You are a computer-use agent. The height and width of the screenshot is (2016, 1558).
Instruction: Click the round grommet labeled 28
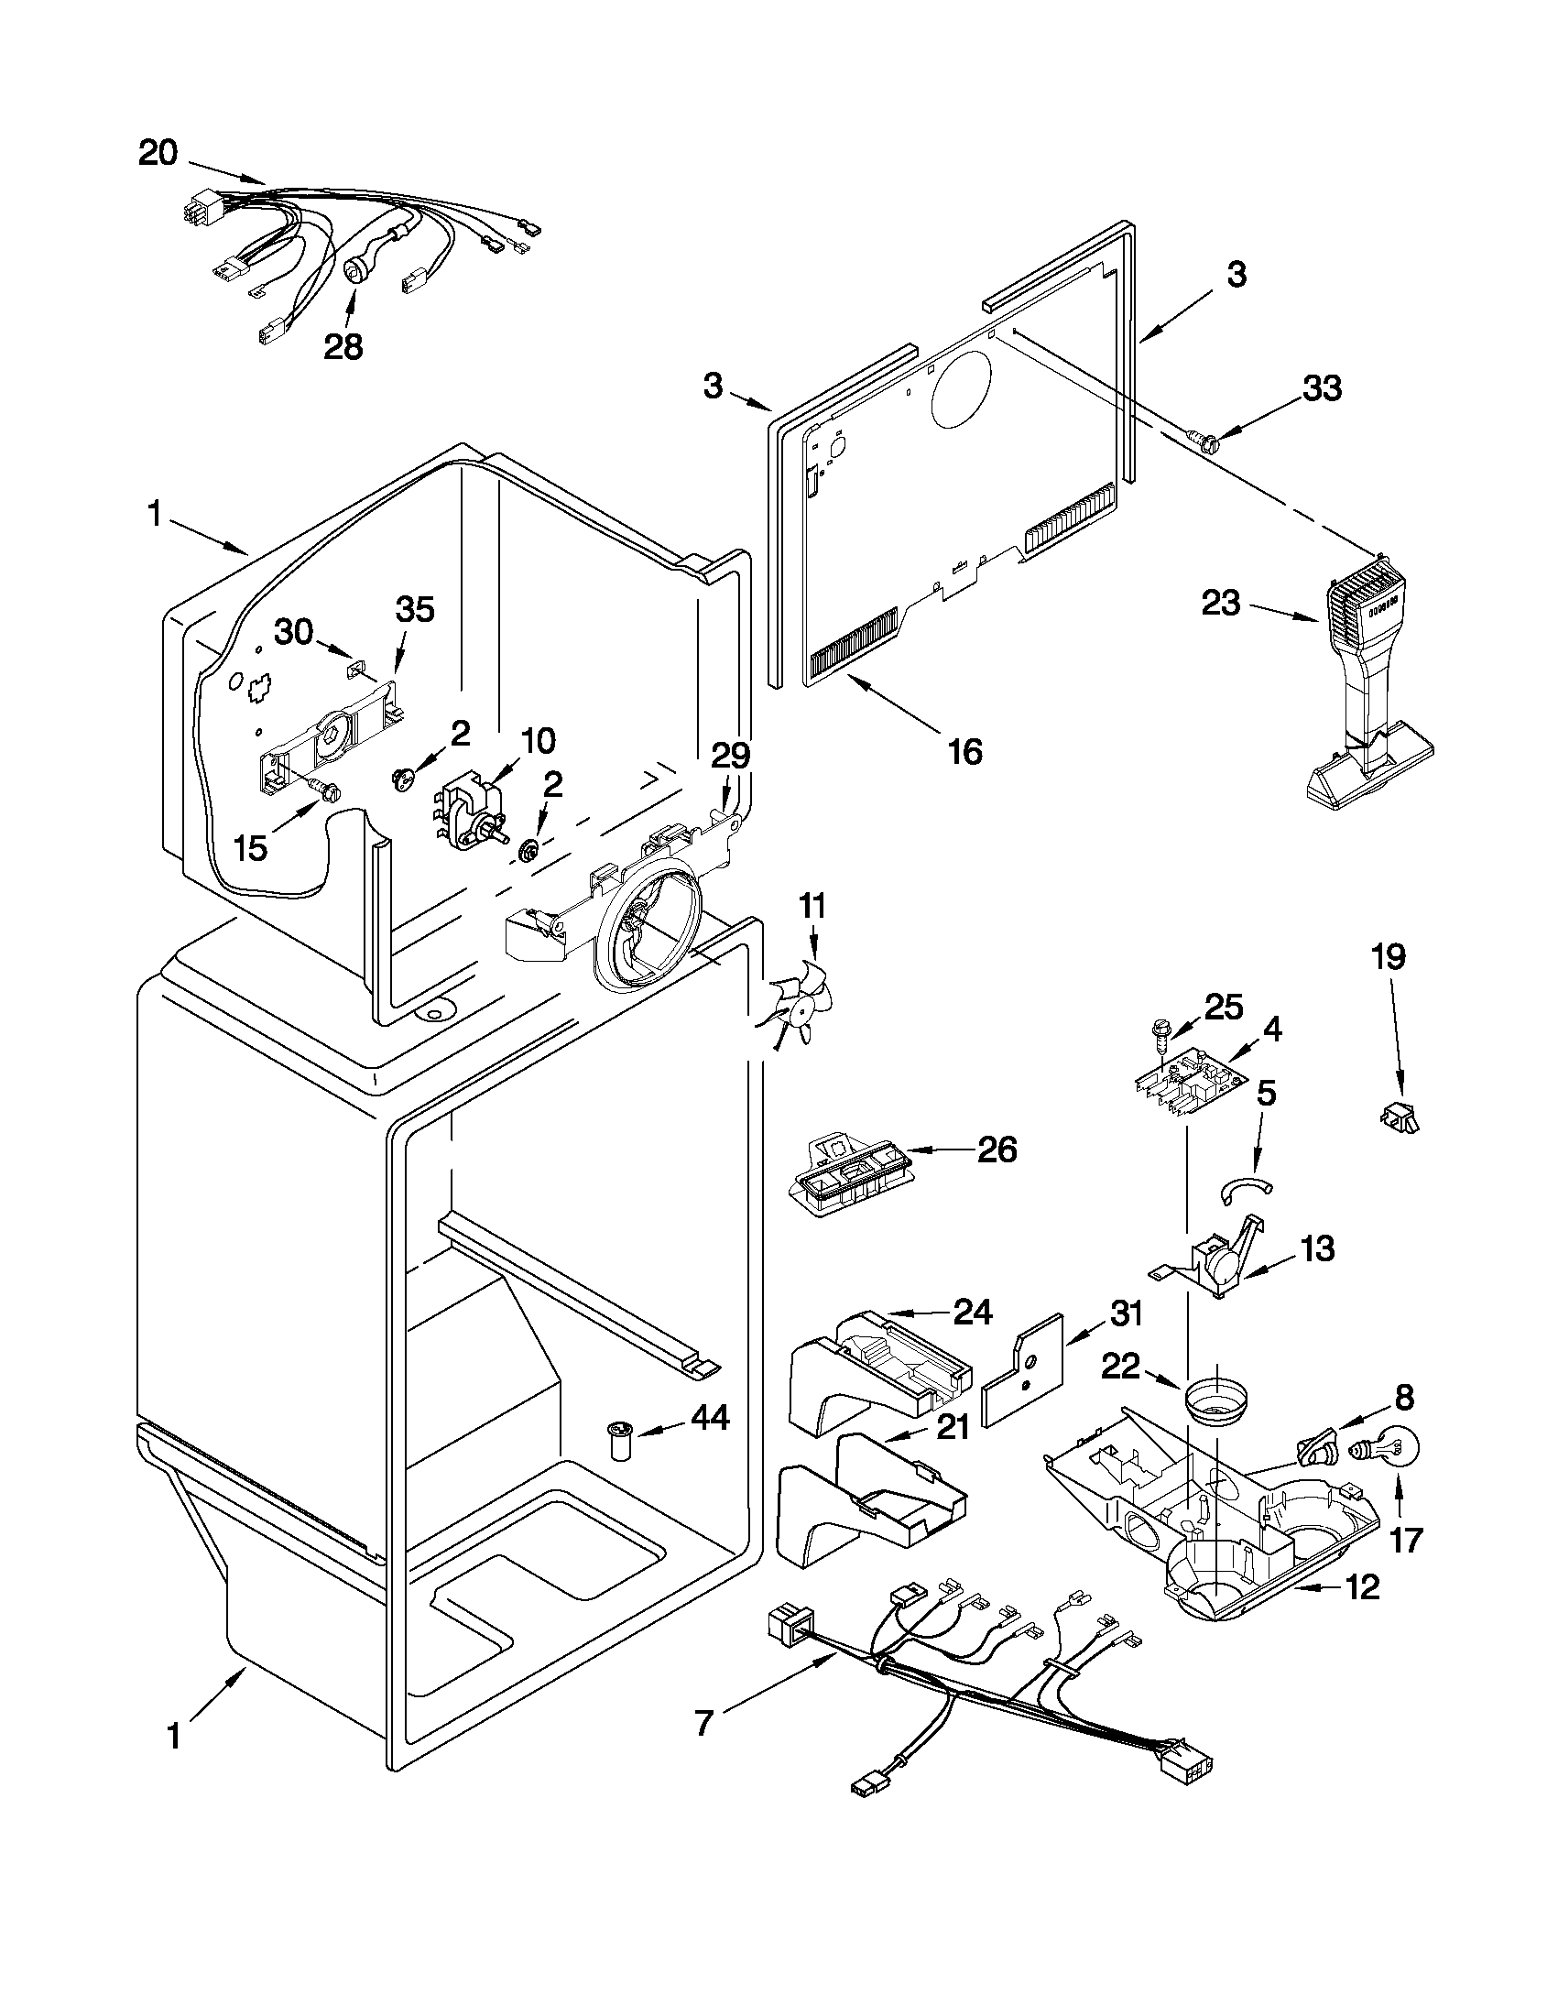(x=355, y=271)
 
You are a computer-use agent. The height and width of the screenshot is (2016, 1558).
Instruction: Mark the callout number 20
(x=158, y=154)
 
